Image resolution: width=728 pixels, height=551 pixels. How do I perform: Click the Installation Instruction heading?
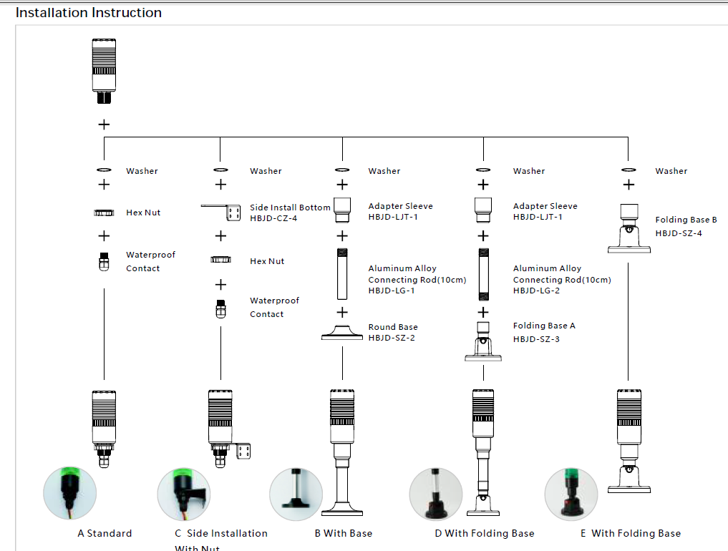(x=89, y=13)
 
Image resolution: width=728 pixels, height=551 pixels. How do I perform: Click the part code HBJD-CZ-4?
(x=273, y=218)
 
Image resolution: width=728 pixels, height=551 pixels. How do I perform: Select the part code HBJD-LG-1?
(x=392, y=291)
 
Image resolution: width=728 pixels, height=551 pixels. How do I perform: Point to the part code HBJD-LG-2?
(x=536, y=291)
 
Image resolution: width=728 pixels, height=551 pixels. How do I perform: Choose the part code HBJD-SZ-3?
(x=536, y=338)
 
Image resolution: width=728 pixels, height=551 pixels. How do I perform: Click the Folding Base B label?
(x=686, y=220)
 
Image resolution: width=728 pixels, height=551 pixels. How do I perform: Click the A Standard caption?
(x=105, y=533)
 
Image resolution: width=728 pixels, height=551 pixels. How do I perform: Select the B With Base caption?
(x=344, y=533)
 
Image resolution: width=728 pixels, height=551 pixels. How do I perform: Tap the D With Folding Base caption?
(x=485, y=533)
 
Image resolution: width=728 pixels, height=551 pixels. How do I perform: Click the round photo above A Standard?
(x=69, y=492)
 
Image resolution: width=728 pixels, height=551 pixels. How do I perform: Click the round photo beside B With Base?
(x=296, y=494)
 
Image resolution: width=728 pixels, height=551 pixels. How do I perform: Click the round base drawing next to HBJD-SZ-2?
(x=342, y=333)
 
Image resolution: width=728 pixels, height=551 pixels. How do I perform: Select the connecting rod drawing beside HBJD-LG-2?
(x=483, y=274)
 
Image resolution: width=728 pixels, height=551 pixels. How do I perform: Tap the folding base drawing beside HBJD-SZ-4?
(x=628, y=228)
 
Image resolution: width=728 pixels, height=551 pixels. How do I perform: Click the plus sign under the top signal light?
(x=104, y=125)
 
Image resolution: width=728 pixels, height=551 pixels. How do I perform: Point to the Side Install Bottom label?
(x=290, y=208)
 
